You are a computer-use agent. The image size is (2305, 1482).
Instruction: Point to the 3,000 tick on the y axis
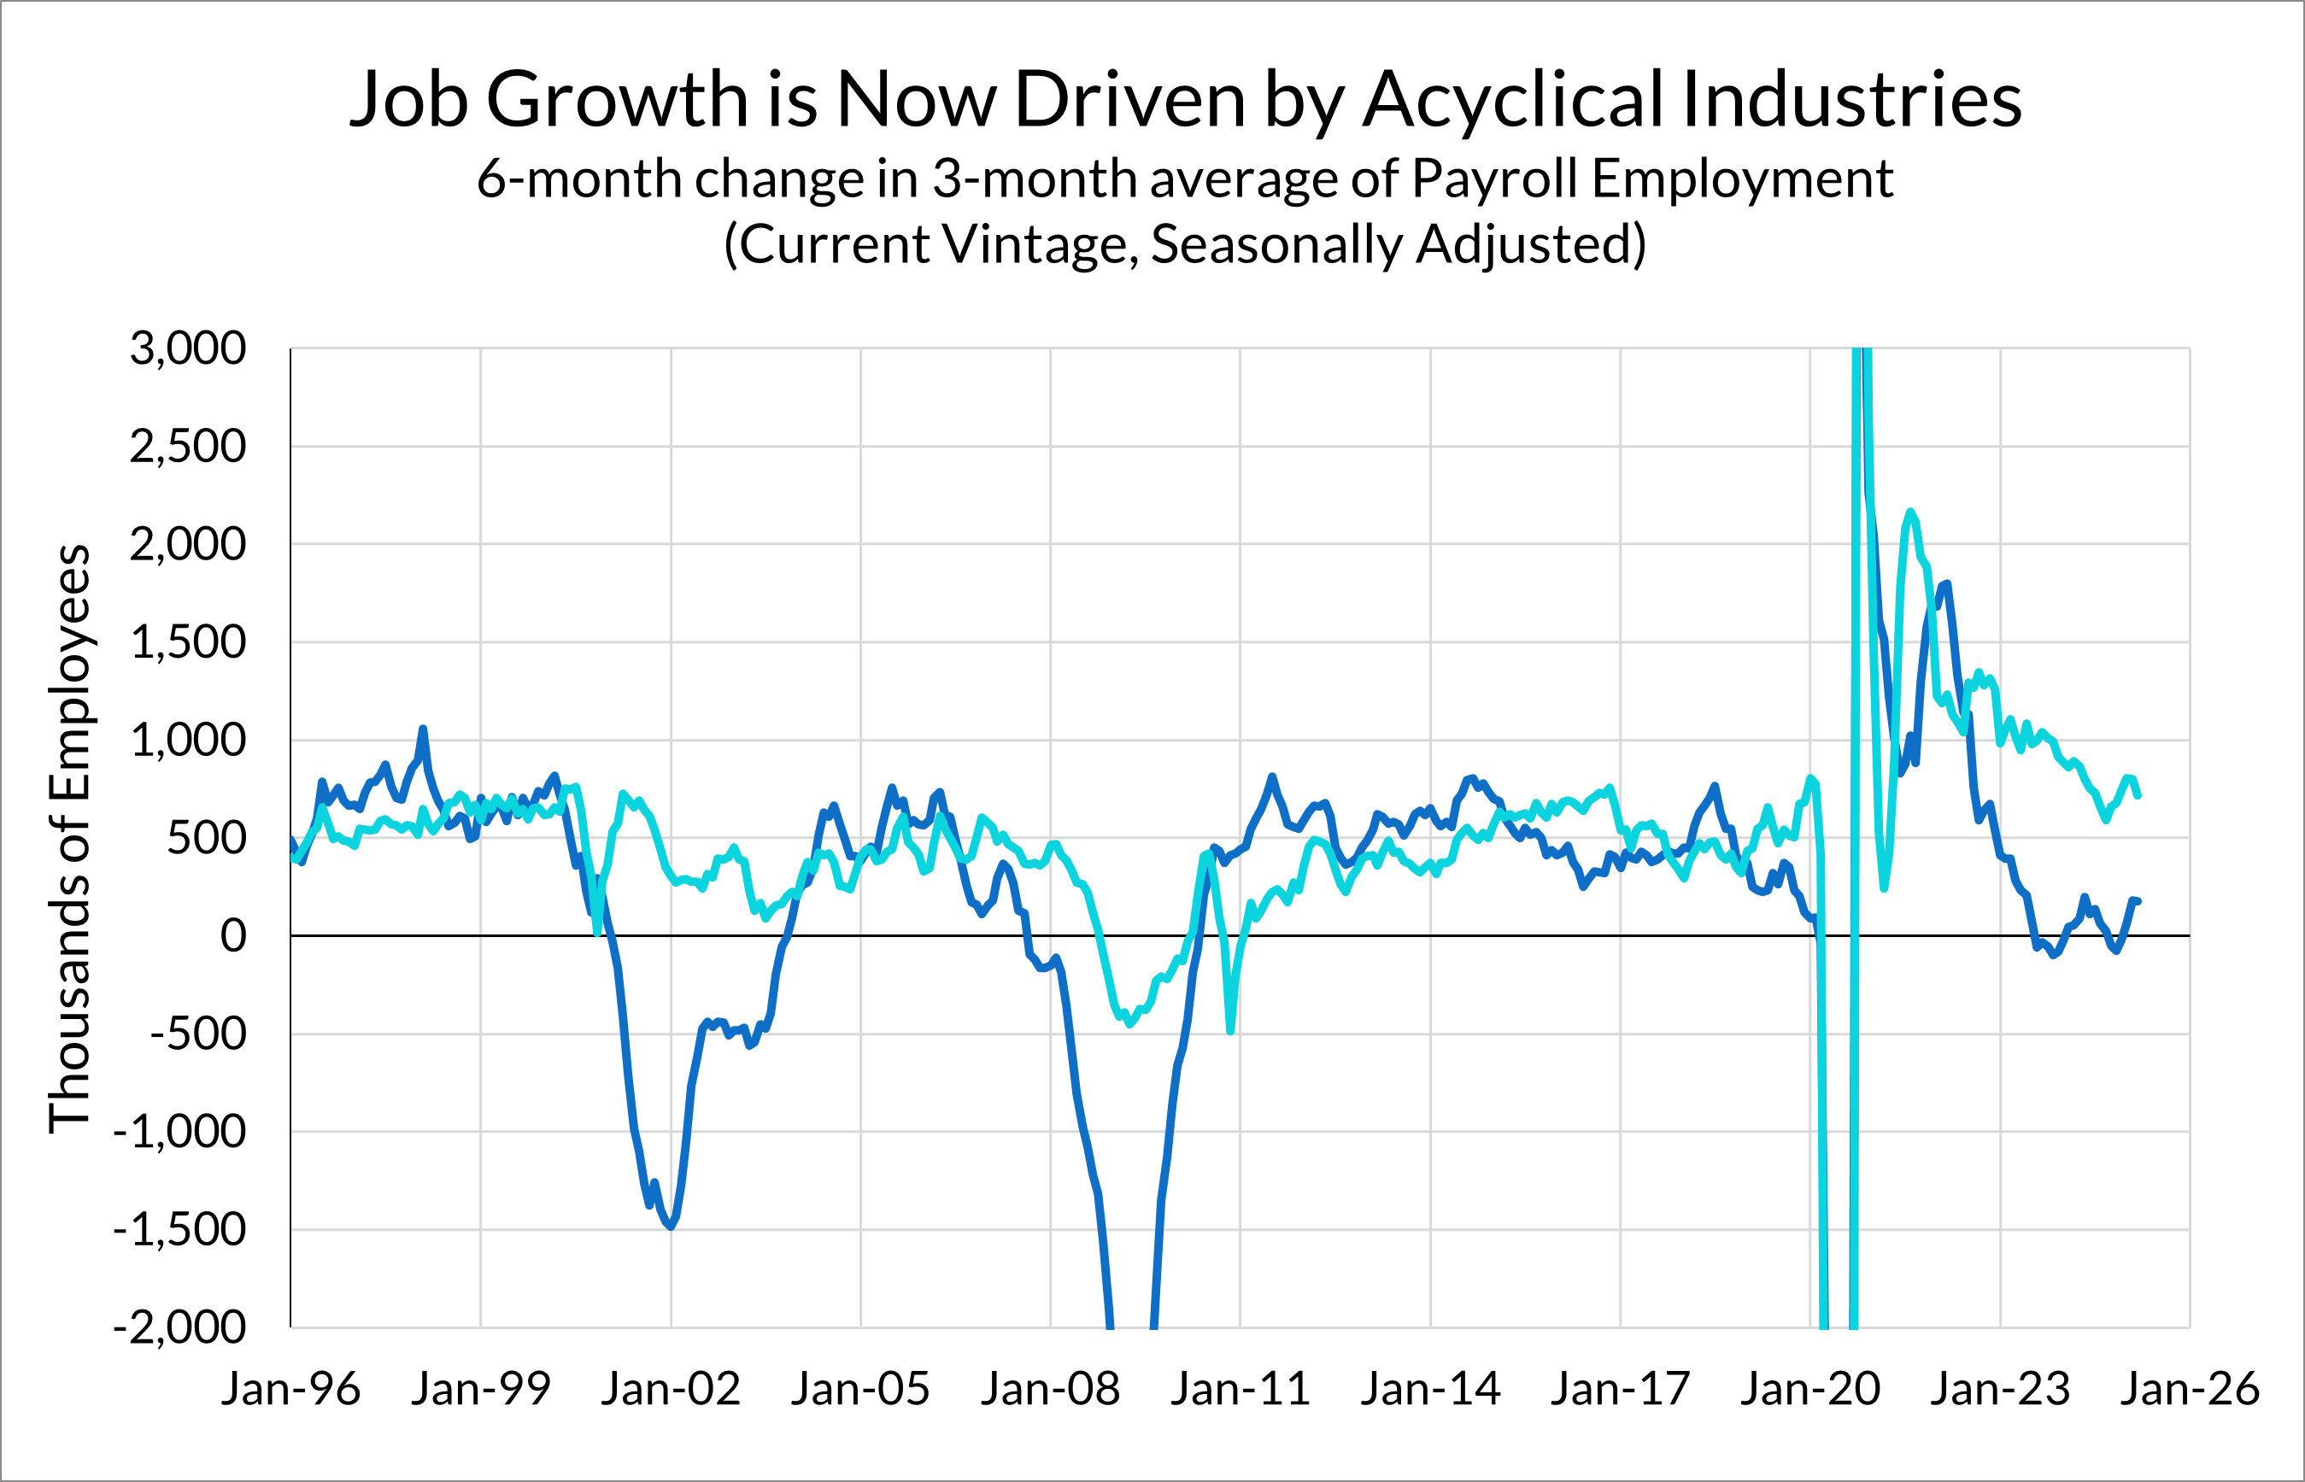[x=189, y=349]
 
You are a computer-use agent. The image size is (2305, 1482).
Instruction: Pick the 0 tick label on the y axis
[x=233, y=936]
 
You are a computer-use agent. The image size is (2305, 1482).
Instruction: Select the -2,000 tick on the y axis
[x=180, y=1328]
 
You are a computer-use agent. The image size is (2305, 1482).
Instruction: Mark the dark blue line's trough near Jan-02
[x=671, y=1227]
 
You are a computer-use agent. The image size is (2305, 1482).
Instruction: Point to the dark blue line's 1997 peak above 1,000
[x=423, y=729]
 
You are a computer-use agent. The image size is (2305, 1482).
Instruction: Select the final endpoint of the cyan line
[x=2138, y=796]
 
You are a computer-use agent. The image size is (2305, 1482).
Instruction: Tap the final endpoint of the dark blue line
[x=2138, y=902]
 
